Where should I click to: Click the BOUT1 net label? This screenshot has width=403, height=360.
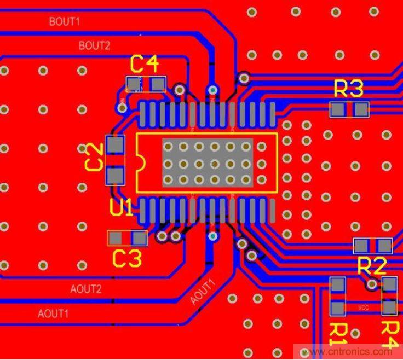pyautogui.click(x=65, y=22)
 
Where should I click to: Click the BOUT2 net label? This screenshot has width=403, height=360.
pyautogui.click(x=94, y=45)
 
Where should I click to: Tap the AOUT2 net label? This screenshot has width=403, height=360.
pyautogui.click(x=86, y=289)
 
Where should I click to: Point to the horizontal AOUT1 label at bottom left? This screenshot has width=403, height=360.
pyautogui.click(x=53, y=314)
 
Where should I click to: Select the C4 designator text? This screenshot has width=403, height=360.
pyautogui.click(x=145, y=65)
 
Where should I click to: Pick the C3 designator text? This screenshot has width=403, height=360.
pyautogui.click(x=127, y=258)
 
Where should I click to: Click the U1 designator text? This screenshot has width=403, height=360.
pyautogui.click(x=122, y=208)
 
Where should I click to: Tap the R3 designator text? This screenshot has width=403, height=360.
pyautogui.click(x=348, y=89)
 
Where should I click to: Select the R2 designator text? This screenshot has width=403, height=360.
pyautogui.click(x=372, y=266)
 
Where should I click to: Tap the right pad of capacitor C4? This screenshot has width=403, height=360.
pyautogui.click(x=158, y=84)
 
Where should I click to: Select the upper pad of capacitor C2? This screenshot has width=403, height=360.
pyautogui.click(x=116, y=145)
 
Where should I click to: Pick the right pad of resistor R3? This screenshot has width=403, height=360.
pyautogui.click(x=361, y=110)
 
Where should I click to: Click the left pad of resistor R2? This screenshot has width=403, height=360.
pyautogui.click(x=362, y=246)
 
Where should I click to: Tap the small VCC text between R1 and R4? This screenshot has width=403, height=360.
pyautogui.click(x=364, y=308)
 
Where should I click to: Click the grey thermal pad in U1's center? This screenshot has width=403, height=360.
pyautogui.click(x=208, y=163)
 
